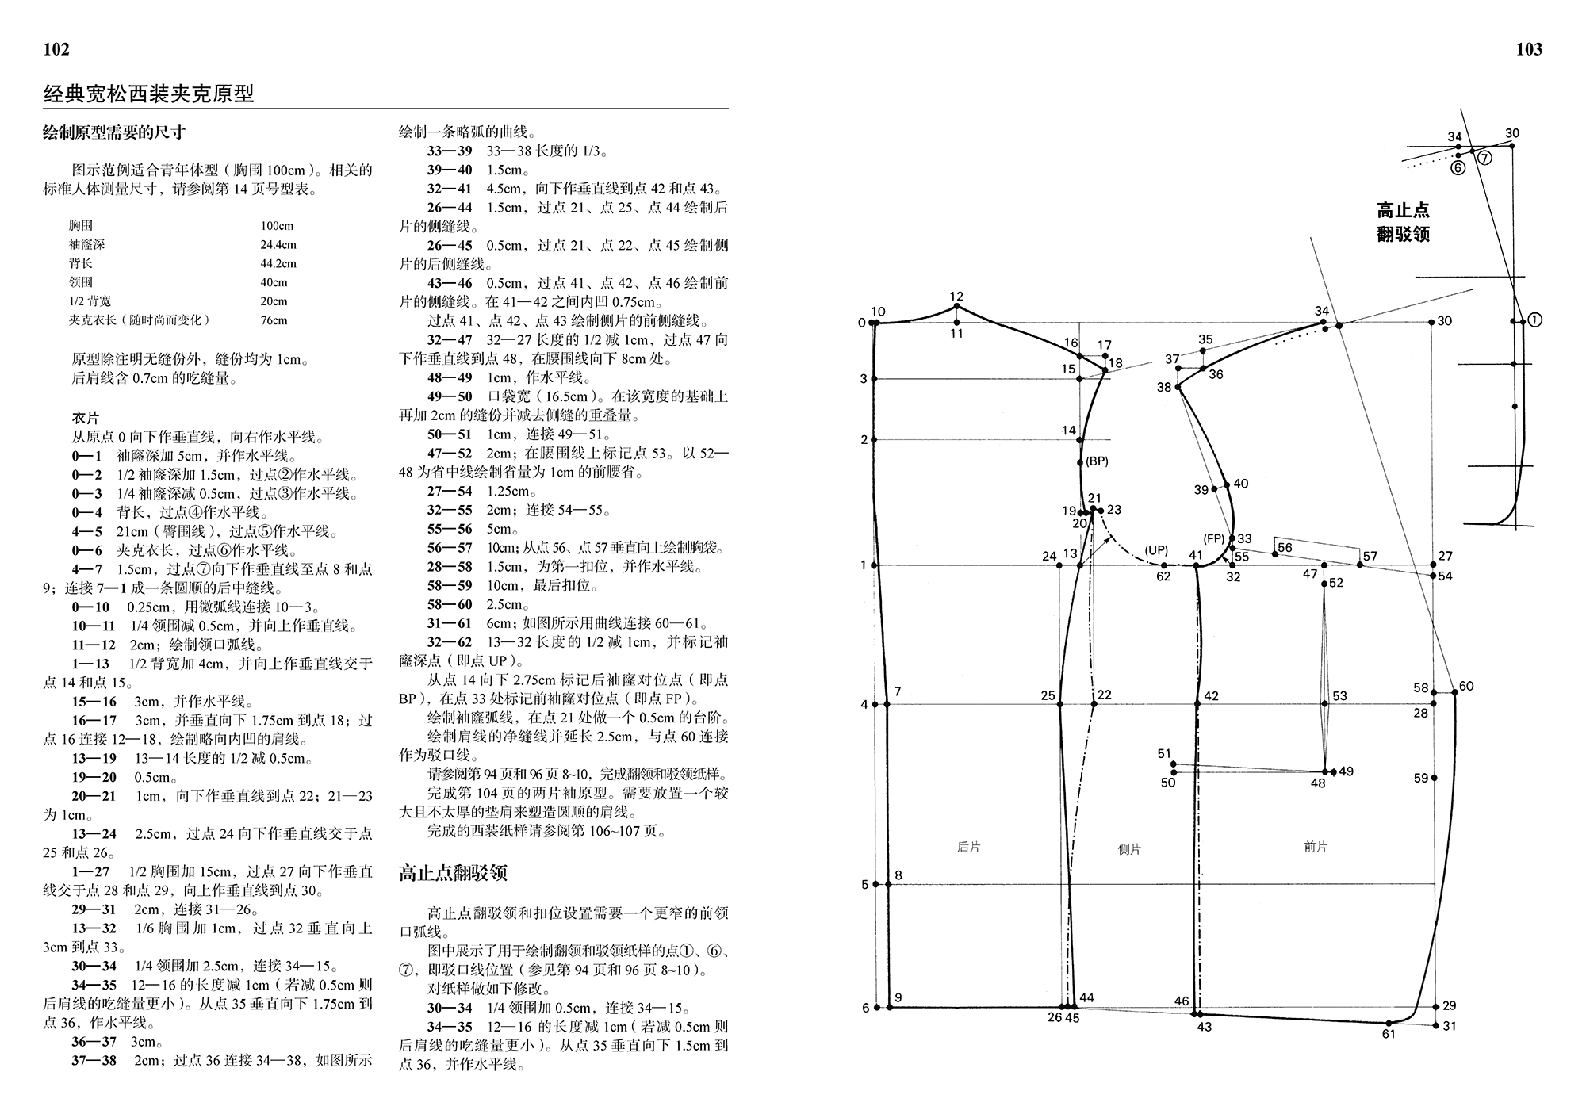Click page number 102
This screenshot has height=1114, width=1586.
(x=56, y=50)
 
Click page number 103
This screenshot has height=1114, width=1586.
(x=1529, y=50)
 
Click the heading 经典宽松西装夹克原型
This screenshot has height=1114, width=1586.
(x=148, y=94)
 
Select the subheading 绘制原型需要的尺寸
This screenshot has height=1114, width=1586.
(x=114, y=132)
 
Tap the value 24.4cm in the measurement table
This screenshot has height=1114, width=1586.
(x=278, y=245)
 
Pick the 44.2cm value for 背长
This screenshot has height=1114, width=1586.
(x=278, y=264)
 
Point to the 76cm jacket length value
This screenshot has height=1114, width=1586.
(x=274, y=320)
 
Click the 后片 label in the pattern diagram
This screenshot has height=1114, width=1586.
(x=968, y=847)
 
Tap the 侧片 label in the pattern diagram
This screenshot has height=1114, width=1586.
(x=1129, y=849)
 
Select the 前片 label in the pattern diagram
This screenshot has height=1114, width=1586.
(x=1315, y=847)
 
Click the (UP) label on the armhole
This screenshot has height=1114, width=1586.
(x=1156, y=550)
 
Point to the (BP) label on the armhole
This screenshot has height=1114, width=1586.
(x=1097, y=461)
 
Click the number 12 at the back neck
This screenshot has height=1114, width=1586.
(x=956, y=297)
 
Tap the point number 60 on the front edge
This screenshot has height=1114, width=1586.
(x=1465, y=687)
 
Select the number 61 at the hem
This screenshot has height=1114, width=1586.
(x=1389, y=1034)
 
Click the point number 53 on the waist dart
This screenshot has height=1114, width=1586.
(x=1339, y=696)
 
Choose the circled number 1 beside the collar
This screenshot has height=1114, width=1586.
(x=1534, y=320)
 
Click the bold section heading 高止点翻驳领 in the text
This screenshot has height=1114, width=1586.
(x=453, y=874)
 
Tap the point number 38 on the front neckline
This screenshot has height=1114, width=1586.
(x=1164, y=388)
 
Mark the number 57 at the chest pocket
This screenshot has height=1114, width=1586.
(x=1370, y=556)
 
